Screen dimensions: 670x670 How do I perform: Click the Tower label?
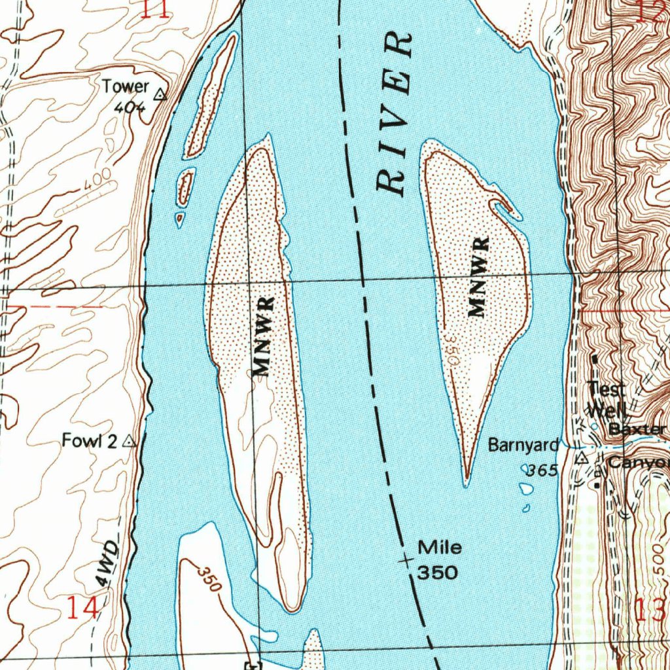pyautogui.click(x=126, y=86)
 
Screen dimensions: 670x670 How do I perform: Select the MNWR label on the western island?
pyautogui.click(x=264, y=338)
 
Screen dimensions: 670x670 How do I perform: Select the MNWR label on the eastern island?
pyautogui.click(x=480, y=277)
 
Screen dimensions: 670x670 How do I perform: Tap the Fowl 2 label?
pyautogui.click(x=89, y=441)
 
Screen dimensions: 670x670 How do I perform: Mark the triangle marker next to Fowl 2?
pyautogui.click(x=130, y=442)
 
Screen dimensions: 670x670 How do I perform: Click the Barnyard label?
pyautogui.click(x=523, y=446)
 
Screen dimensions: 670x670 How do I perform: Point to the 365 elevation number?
pyautogui.click(x=542, y=470)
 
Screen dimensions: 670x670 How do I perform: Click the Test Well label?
pyautogui.click(x=607, y=400)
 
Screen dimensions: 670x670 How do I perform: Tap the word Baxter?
pyautogui.click(x=637, y=430)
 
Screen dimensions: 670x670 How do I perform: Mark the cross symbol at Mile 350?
pyautogui.click(x=406, y=560)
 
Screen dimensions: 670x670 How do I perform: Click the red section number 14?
pyautogui.click(x=84, y=608)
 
